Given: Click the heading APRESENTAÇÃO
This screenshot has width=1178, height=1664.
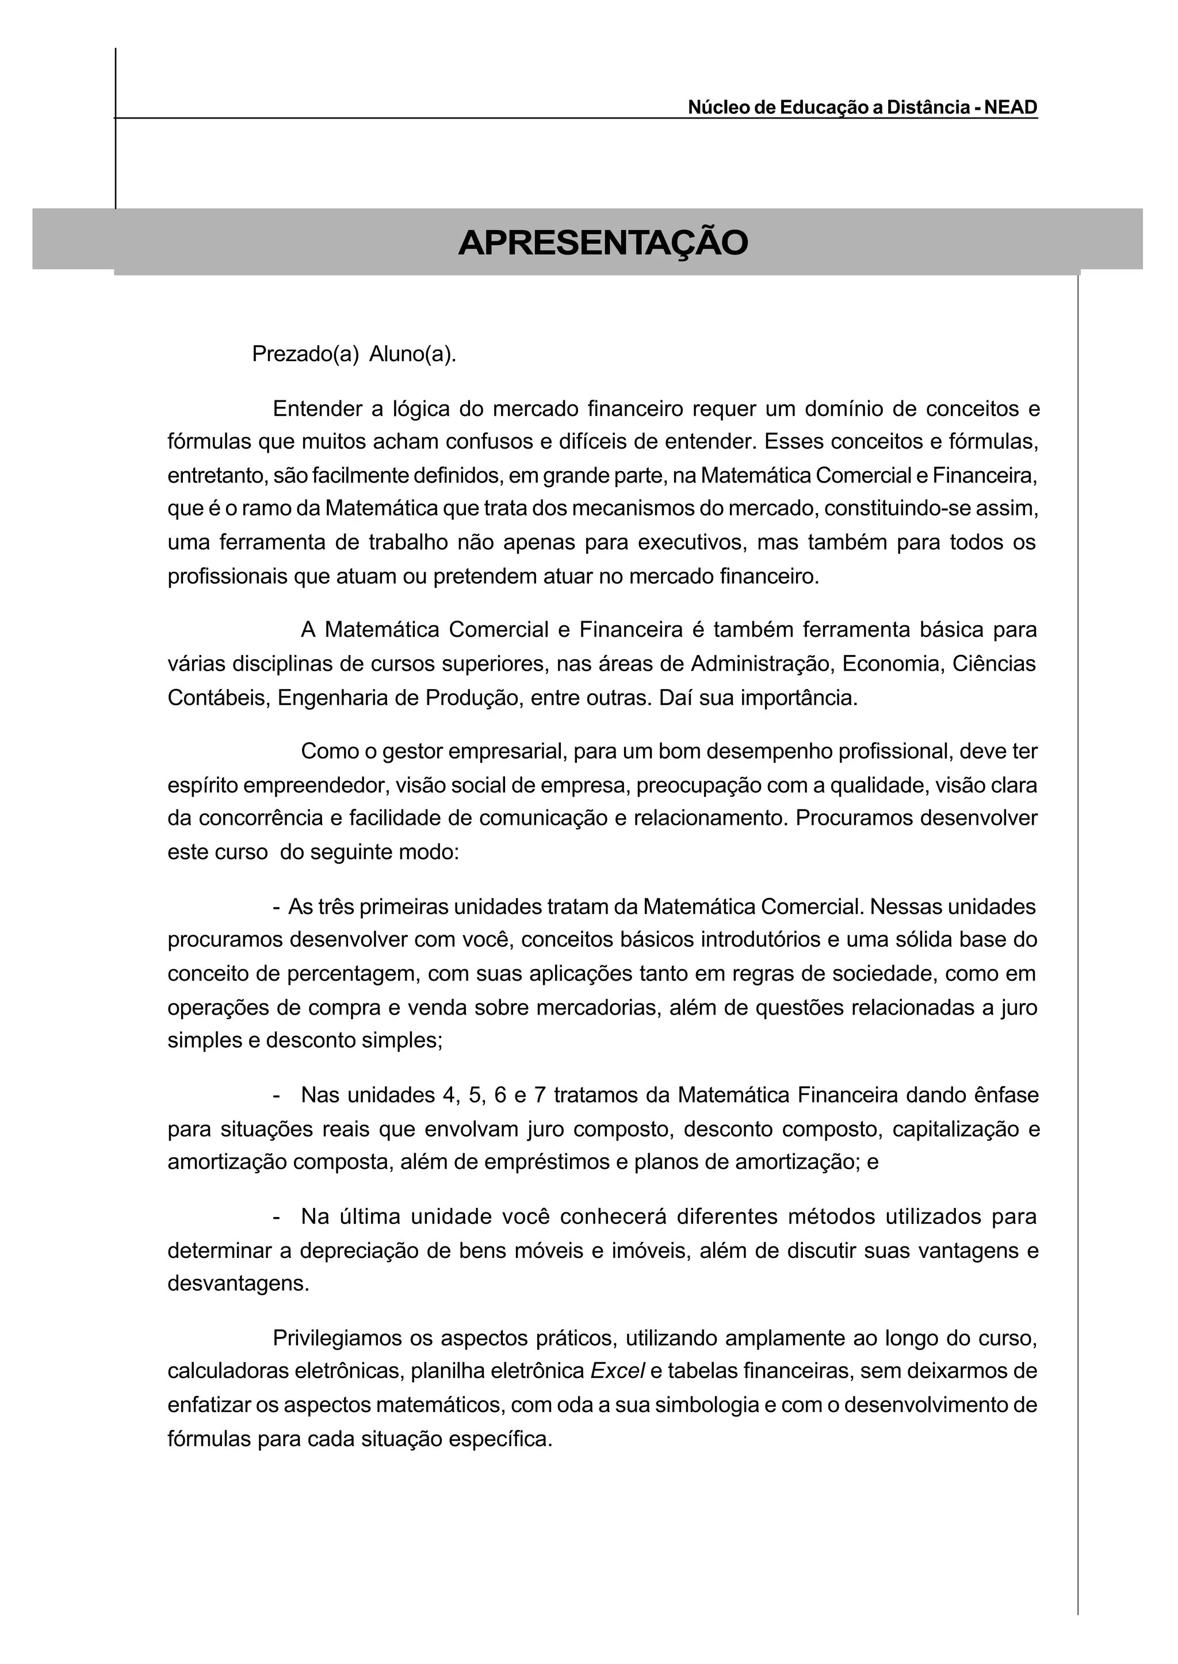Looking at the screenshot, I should pos(603,243).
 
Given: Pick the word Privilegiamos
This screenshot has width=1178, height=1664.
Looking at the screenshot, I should pos(336,1337).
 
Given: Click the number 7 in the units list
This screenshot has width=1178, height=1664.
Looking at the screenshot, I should pos(539,1095).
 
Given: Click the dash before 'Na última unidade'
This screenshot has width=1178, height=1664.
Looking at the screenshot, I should pos(276,1217).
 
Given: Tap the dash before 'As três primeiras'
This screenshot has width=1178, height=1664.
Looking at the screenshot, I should pos(276,906).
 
